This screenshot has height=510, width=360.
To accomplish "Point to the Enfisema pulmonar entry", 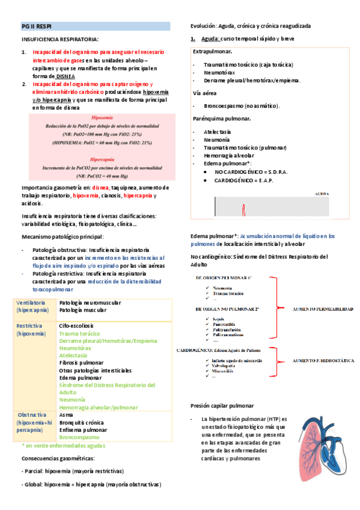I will point(83,430).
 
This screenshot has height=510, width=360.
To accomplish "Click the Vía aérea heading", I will point(204,93).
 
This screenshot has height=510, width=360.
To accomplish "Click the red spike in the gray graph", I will point(243,210).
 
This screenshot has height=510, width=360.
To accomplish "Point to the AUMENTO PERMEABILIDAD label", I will point(322,308).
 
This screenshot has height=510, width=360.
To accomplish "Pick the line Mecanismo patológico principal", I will point(63,236).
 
